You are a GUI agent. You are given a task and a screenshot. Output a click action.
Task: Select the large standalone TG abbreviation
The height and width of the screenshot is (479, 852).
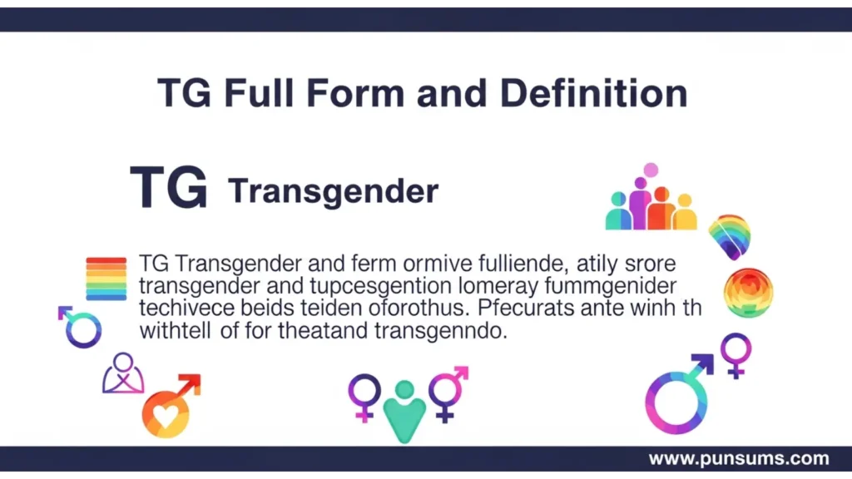click(x=169, y=189)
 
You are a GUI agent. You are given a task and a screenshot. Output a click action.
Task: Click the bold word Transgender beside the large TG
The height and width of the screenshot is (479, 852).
click(x=333, y=191)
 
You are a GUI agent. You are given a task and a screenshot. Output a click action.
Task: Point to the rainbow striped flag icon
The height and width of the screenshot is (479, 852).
click(x=106, y=278)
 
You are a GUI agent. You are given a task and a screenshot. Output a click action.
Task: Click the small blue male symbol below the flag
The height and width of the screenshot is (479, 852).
click(x=81, y=328)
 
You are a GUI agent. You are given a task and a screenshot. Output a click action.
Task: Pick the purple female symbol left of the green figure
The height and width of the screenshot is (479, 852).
click(x=364, y=394)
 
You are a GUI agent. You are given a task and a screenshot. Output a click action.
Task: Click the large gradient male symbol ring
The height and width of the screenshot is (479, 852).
click(x=674, y=402)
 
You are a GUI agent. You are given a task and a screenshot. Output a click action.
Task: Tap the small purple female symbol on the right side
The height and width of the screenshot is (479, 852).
click(x=736, y=353)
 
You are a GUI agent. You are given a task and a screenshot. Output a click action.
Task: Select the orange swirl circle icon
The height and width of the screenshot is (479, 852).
click(x=748, y=293)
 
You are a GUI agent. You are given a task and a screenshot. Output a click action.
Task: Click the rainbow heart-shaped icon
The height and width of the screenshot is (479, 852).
click(x=730, y=235)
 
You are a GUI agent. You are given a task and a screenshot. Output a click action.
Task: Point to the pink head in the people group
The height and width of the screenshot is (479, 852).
click(x=651, y=170)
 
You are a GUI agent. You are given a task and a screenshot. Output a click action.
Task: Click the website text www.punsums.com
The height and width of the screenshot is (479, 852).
click(x=738, y=458)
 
